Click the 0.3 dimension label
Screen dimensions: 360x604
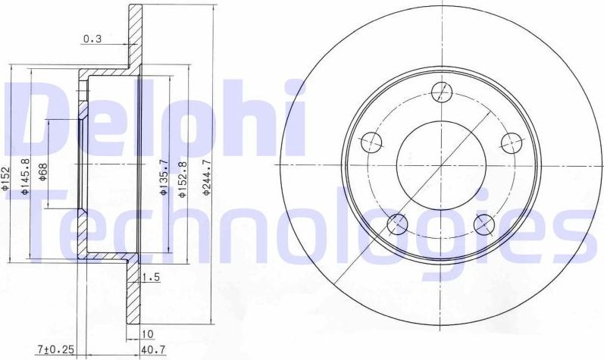coord(92,40)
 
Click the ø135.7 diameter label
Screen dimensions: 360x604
coord(163,182)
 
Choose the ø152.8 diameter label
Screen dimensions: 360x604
coord(182,180)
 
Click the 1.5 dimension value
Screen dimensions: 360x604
coord(151,277)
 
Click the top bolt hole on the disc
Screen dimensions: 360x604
coord(440,92)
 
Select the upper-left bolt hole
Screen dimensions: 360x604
coord(369,142)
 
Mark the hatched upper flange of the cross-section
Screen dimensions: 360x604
coord(135,38)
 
